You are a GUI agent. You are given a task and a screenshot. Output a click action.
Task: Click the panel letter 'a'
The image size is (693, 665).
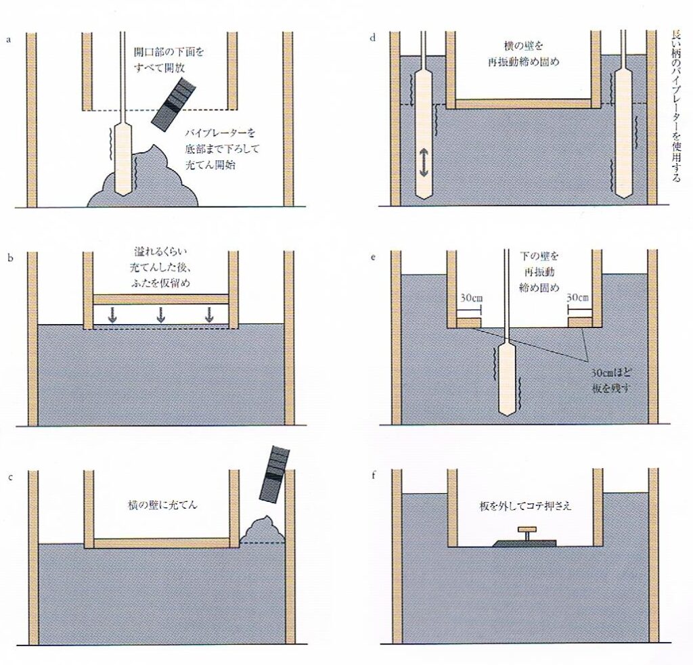8,39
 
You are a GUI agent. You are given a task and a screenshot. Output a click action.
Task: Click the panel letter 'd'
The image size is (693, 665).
373,38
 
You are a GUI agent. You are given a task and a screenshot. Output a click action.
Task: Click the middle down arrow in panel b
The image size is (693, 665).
161,315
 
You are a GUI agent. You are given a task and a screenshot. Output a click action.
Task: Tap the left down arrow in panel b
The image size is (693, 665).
112,315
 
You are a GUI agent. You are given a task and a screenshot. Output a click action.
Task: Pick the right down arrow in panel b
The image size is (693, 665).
210,315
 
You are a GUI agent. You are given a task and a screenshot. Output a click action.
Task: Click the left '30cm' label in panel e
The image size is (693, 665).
468,298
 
